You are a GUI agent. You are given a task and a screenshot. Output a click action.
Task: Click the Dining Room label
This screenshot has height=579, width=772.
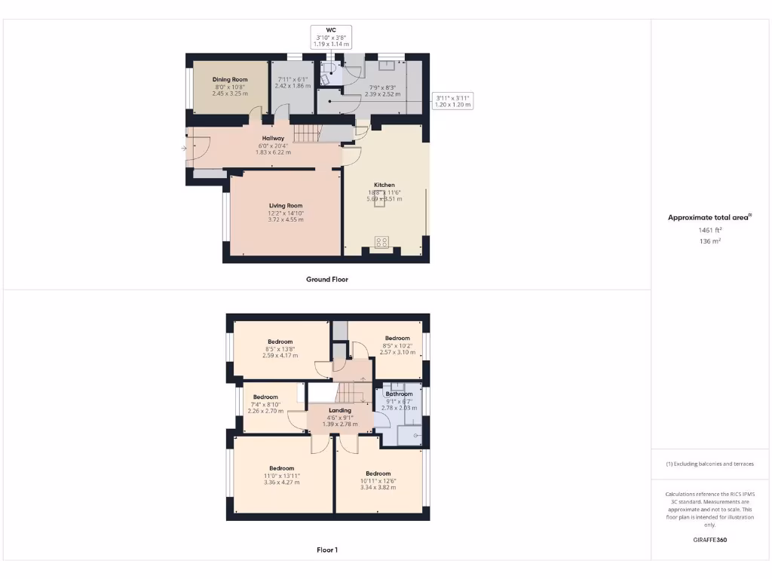230,79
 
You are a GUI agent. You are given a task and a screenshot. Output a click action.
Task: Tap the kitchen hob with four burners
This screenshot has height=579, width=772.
382,242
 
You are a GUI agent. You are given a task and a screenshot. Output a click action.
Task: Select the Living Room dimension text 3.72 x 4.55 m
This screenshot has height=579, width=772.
286,219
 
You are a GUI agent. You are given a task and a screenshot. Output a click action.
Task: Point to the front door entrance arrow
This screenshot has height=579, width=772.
183,149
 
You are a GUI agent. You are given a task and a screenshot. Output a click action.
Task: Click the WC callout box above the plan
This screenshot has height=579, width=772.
331,37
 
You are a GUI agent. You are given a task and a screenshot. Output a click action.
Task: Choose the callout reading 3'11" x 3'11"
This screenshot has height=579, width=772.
452,101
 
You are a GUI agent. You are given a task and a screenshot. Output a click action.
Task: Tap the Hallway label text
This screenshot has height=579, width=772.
273,138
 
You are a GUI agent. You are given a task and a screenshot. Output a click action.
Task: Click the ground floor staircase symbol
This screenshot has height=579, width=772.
307,134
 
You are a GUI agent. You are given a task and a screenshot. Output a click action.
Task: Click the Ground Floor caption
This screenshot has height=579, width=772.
327,279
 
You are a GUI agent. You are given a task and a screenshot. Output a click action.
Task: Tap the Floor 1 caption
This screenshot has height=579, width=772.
327,550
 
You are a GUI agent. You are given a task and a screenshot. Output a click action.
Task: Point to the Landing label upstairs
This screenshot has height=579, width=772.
339,410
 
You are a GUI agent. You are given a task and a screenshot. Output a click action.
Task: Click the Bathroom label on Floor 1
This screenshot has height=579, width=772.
400,394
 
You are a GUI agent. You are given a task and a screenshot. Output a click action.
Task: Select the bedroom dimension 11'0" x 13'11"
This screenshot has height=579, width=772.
281,476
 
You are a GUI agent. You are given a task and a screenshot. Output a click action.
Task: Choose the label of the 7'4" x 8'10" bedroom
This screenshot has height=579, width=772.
265,397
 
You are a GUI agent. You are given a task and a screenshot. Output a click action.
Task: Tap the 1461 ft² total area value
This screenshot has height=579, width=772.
709,230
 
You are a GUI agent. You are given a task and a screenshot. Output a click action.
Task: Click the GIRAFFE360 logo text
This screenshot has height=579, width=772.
710,540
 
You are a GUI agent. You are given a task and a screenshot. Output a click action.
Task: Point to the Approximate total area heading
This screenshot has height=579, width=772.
709,217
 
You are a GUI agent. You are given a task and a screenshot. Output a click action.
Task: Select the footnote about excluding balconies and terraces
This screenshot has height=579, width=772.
709,464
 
